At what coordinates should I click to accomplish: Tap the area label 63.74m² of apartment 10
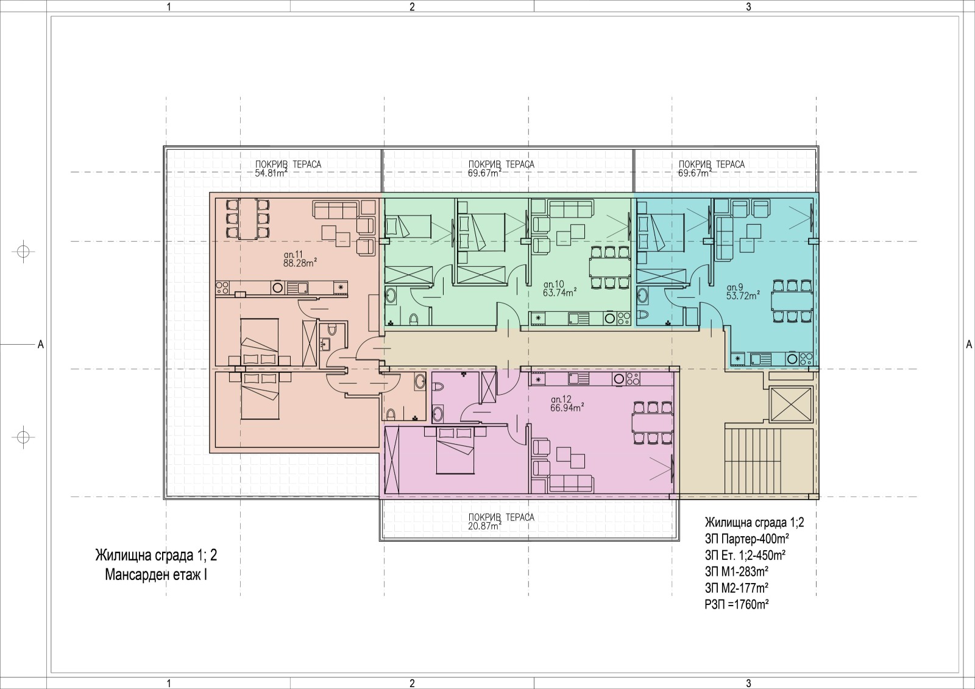(560, 293)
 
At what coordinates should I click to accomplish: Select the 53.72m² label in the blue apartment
(743, 295)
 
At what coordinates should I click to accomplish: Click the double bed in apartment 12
(455, 450)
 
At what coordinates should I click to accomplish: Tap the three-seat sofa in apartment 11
(337, 210)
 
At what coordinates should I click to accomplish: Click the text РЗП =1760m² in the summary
(737, 604)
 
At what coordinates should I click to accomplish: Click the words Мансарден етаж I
(156, 575)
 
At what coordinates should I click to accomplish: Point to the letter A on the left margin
(40, 344)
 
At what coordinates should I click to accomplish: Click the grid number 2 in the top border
(412, 7)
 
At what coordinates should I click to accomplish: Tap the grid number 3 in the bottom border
(749, 684)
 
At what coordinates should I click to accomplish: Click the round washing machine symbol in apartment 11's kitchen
(277, 287)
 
